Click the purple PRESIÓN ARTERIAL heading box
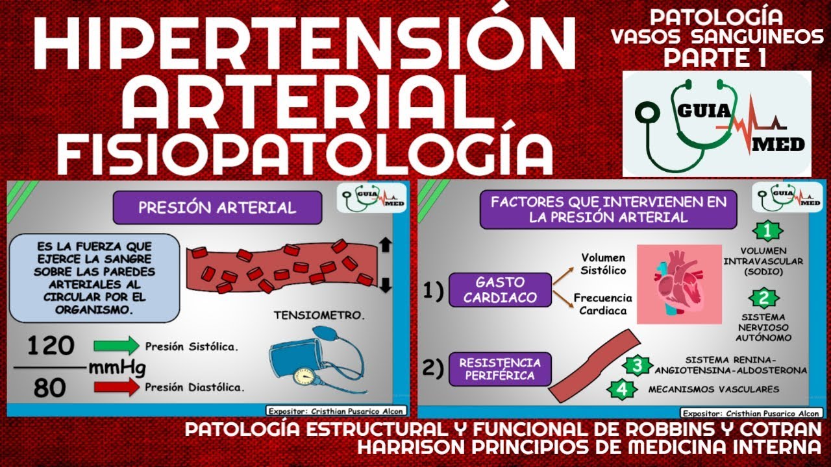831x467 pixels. click(x=217, y=208)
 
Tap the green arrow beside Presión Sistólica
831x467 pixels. click(x=116, y=346)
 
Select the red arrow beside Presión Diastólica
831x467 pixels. click(x=116, y=387)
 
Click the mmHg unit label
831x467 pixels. click(x=117, y=368)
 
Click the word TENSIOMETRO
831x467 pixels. click(x=319, y=316)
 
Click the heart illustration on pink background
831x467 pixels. click(x=679, y=284)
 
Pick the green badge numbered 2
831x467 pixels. click(x=763, y=299)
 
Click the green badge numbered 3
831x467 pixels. click(x=638, y=366)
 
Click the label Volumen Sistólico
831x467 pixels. click(x=602, y=264)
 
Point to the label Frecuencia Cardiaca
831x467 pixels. click(x=602, y=304)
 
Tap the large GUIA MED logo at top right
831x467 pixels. click(x=717, y=124)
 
